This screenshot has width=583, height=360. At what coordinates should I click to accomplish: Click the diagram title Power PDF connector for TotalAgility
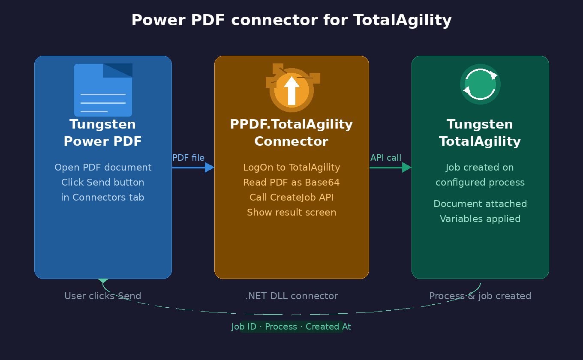[x=291, y=20]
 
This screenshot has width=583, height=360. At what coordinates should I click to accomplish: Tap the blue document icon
[x=103, y=90]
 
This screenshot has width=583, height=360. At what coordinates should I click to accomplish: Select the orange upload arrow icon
[x=291, y=90]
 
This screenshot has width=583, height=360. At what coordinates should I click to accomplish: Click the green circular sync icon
[x=480, y=84]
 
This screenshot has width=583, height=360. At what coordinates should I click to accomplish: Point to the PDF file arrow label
[x=188, y=158]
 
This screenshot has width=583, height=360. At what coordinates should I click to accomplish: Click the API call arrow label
[x=386, y=158]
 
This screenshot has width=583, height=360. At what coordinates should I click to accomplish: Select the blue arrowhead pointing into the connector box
[x=210, y=167]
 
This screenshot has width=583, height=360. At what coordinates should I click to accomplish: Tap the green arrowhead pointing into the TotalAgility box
[x=407, y=167]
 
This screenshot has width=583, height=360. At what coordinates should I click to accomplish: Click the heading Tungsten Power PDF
[x=103, y=133]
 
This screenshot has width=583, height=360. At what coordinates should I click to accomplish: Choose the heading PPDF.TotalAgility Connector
[x=291, y=133]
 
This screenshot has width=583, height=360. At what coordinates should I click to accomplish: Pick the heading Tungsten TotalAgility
[x=480, y=133]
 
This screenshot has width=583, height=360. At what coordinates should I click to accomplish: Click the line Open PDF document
[x=103, y=167]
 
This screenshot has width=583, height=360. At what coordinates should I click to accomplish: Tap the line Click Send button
[x=103, y=182]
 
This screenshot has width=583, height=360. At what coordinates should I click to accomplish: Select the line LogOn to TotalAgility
[x=291, y=167]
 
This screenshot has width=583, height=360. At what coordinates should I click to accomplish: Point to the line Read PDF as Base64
[x=291, y=182]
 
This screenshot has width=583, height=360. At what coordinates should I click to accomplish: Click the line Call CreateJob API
[x=291, y=197]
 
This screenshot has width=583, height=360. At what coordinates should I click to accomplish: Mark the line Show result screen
[x=291, y=212]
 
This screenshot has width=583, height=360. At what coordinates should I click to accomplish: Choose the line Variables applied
[x=480, y=219]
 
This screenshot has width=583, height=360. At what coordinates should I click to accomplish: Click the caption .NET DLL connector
[x=291, y=296]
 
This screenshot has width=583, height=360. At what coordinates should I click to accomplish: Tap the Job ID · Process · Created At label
[x=291, y=327]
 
